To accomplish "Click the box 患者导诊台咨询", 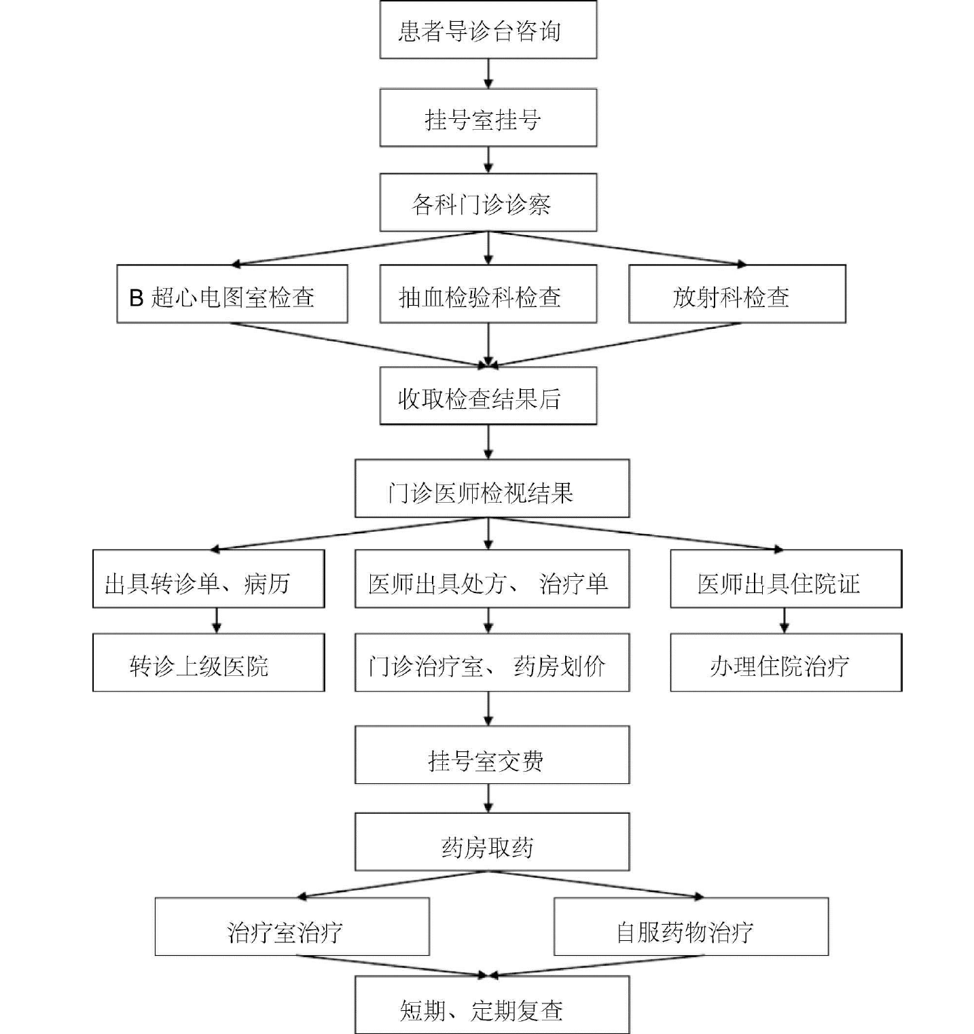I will pos(488,31).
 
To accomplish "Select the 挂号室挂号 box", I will pos(488,118).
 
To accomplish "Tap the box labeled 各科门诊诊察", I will pos(488,203).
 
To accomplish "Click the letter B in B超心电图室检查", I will pos(137,298).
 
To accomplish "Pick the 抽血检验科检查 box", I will pos(488,295).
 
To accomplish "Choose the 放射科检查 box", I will pos(737,295).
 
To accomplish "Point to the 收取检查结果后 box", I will pos(488,397).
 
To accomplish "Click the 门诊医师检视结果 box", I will pos(492,489).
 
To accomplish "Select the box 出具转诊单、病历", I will pos(209,580).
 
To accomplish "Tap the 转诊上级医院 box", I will pos(209,664).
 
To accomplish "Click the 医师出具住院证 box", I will pos(785,580).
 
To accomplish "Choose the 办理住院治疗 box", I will pos(785,664).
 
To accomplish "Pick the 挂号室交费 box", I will pos(492,755).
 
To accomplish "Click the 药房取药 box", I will pos(492,842).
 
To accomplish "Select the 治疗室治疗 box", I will pos(292,927).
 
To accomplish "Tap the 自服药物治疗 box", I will pos(691,927).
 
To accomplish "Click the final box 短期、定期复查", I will pos(492,1005).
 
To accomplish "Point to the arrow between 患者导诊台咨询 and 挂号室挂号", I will pos(488,73).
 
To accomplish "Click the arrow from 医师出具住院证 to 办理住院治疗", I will pos(784,621).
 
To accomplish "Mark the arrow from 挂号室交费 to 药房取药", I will pos(488,799).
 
